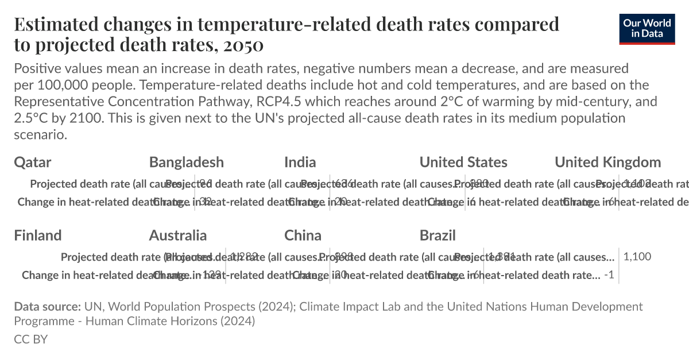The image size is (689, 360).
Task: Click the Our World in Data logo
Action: pos(647,29)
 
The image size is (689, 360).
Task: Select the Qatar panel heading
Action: pos(32,162)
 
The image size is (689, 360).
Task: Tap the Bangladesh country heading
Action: pos(186,162)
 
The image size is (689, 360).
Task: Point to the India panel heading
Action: pos(300,162)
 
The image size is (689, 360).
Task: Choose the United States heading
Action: pos(463,162)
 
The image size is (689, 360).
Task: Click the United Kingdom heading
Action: pos(607,162)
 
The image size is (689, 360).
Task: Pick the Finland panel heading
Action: pos(37,235)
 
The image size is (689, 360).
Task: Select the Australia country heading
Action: pos(177,235)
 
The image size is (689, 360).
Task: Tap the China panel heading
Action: pos(303,235)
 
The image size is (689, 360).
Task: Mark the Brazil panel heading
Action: pos(438,235)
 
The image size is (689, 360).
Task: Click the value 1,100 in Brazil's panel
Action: pos(637,257)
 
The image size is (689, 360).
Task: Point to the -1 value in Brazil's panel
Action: pos(609,275)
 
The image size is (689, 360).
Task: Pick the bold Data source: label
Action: pos(47,307)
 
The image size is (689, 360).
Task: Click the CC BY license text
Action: pos(30,339)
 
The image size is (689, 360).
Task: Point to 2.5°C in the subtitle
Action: pos(34,119)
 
